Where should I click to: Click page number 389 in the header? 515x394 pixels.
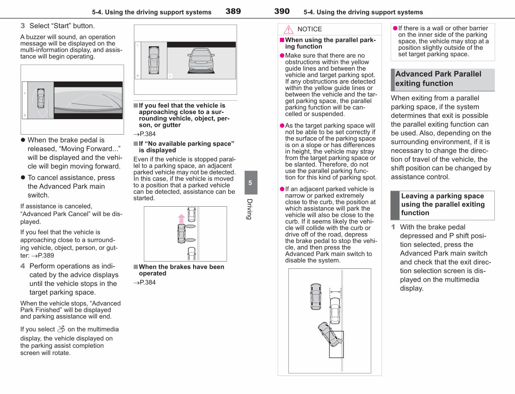(x=233, y=11)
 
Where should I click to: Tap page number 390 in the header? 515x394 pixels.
(x=282, y=11)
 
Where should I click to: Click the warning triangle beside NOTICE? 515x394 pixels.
(x=288, y=29)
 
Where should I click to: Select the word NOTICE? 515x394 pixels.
(x=309, y=29)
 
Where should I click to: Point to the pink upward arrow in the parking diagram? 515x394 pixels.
(x=181, y=218)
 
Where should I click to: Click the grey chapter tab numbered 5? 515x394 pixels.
(x=251, y=183)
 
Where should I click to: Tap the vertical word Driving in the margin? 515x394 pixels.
(x=250, y=209)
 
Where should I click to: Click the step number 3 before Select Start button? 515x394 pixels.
(x=22, y=26)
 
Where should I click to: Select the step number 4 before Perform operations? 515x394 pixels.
(x=22, y=266)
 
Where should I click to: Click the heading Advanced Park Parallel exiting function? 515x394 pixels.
(x=438, y=78)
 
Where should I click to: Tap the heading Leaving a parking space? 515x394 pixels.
(x=442, y=204)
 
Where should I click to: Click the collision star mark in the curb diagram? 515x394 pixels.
(x=340, y=341)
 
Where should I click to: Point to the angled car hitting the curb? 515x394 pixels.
(x=330, y=334)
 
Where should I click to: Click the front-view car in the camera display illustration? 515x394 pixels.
(x=201, y=60)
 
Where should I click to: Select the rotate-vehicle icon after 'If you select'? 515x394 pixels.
(x=61, y=329)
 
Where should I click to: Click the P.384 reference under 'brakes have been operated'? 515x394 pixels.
(x=145, y=282)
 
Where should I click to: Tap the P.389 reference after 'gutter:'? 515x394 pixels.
(x=42, y=256)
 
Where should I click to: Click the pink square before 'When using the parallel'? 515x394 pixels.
(x=282, y=40)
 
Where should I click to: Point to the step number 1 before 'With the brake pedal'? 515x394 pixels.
(x=393, y=227)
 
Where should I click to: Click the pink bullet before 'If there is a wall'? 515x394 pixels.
(x=395, y=28)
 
